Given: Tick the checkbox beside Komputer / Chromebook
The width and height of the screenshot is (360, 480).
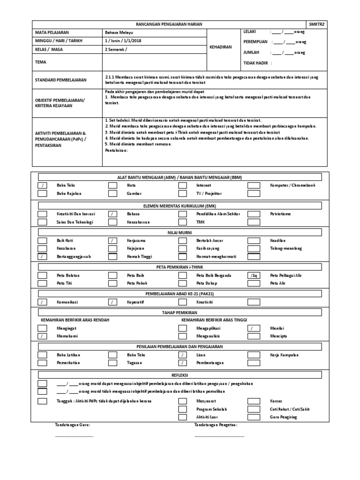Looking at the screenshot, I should pos(254,185).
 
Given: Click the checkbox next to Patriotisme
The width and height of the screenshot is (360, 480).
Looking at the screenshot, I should pos(254,214).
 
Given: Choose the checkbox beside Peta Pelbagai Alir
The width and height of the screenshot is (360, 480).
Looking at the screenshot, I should pos(254,275).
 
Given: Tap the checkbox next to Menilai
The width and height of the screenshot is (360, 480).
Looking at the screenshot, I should pos(254,328).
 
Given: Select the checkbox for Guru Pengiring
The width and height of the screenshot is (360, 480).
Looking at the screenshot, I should pos(254,417).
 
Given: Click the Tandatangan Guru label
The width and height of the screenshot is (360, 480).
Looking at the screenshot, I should pos(72,425).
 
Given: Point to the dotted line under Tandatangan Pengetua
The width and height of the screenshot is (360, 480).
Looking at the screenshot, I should pos(219,436).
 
